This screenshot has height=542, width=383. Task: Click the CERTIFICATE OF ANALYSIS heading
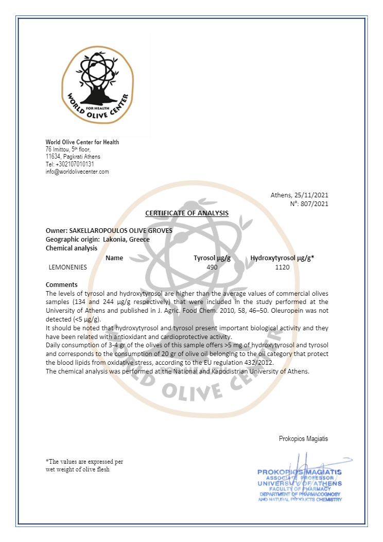(187, 213)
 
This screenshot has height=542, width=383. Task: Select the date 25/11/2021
(310, 195)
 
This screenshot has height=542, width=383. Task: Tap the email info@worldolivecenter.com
(77, 172)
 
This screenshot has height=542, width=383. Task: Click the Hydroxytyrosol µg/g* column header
(283, 258)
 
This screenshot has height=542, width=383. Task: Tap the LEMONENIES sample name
(67, 267)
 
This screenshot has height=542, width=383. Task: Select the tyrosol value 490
(212, 267)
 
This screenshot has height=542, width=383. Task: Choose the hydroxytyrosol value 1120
(283, 267)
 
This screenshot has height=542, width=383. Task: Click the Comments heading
(62, 285)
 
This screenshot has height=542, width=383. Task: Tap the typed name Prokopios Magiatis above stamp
(303, 439)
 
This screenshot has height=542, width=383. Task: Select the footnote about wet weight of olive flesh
(84, 466)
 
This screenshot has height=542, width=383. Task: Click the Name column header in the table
(114, 258)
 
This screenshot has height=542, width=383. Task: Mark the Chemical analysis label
(72, 248)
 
